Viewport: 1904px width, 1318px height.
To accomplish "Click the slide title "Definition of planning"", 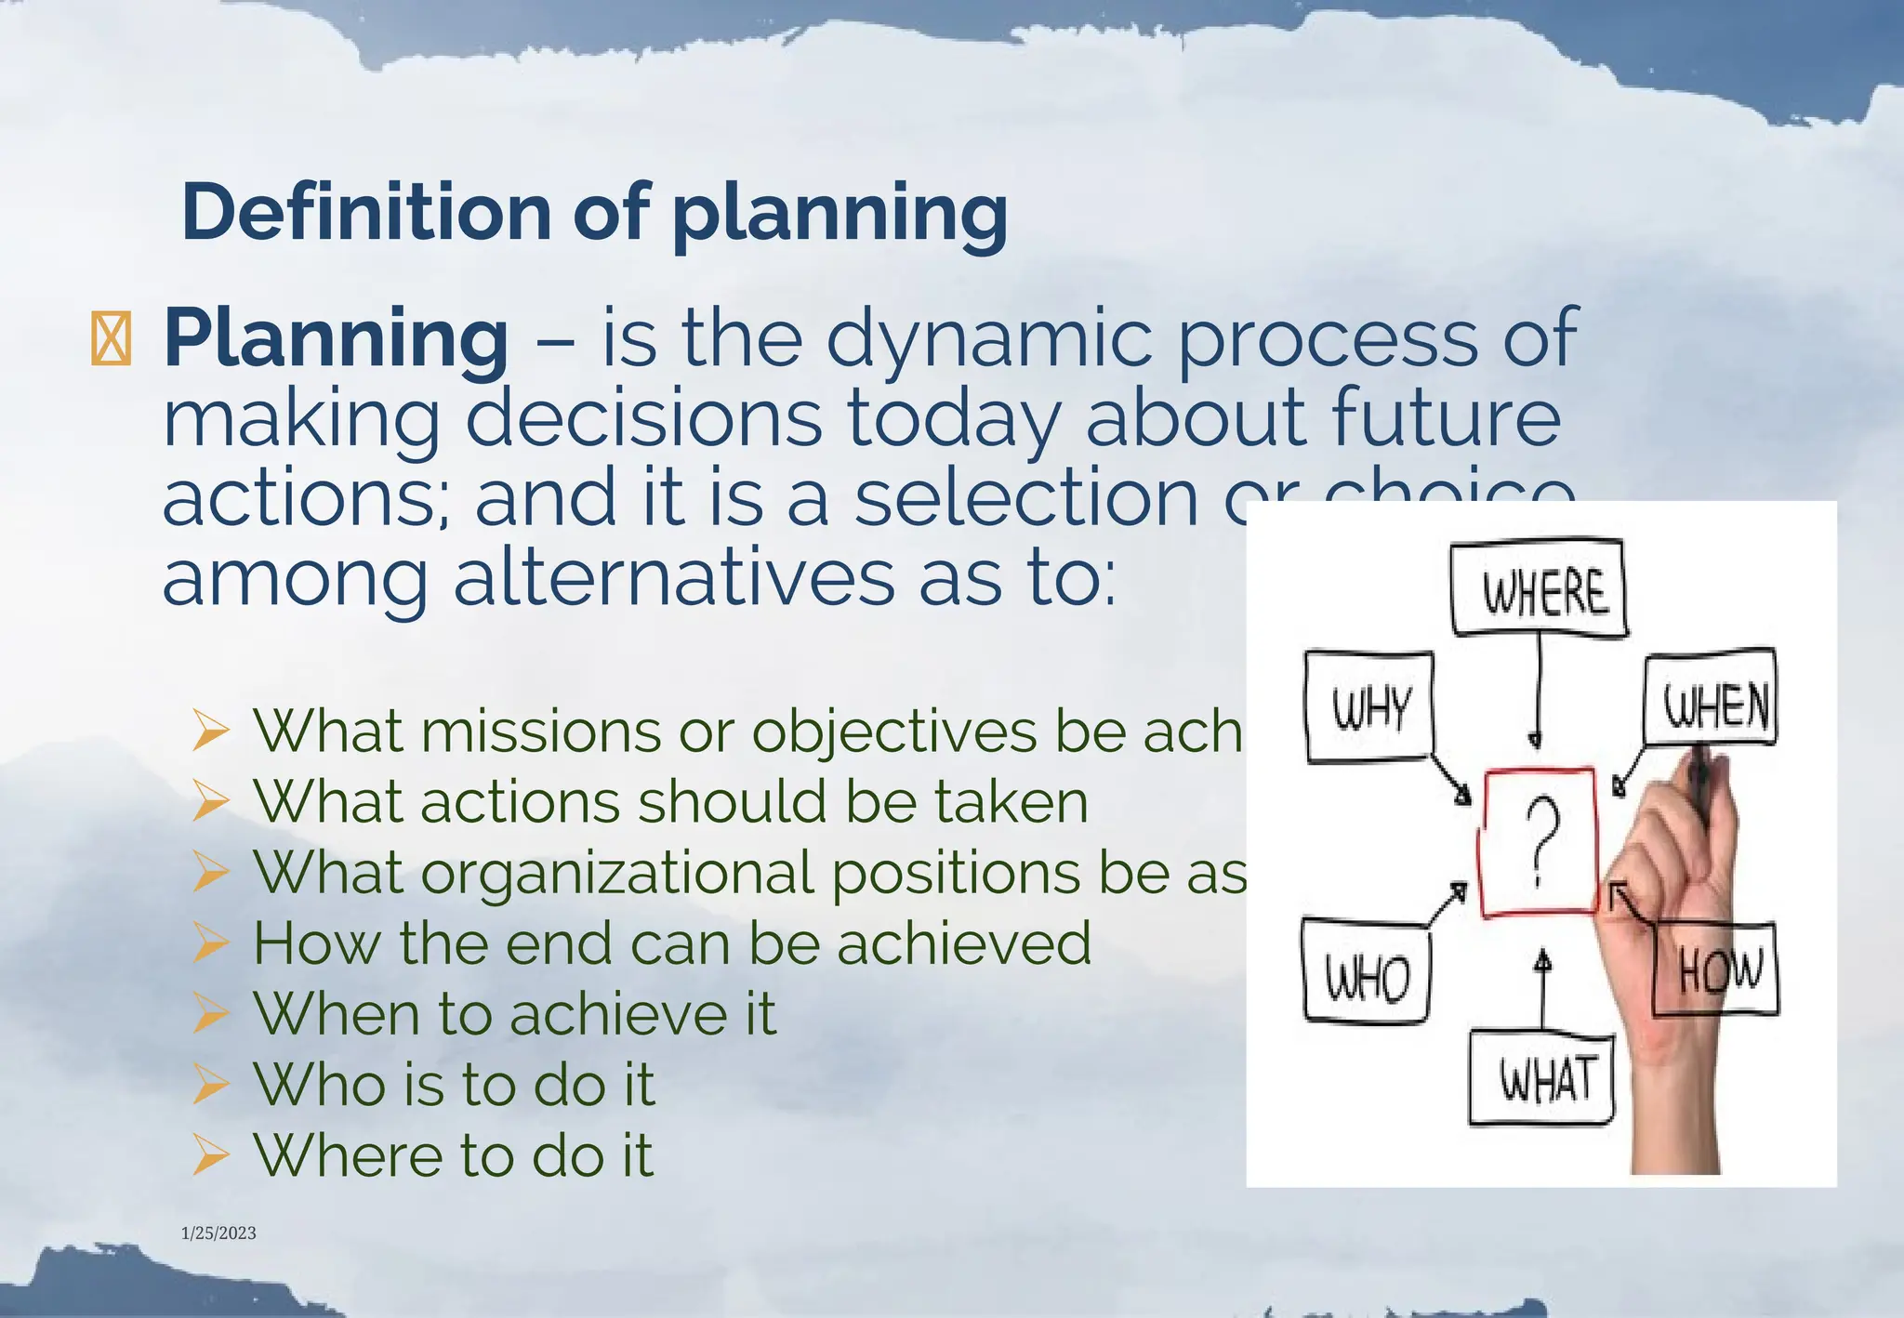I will pos(595,213).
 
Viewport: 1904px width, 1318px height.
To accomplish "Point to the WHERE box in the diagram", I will pos(1540,589).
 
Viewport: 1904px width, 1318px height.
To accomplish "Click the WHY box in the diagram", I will pos(1370,707).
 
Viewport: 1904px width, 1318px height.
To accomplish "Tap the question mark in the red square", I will pos(1540,841).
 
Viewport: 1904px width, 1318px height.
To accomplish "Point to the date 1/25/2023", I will pos(218,1232).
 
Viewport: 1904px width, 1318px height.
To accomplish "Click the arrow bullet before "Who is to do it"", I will pos(210,1084).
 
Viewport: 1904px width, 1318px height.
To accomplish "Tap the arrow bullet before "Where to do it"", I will pos(210,1155).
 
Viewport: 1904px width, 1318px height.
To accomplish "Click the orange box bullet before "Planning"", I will pos(111,340).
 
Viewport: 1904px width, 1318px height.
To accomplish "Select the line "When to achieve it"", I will pos(514,1013).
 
